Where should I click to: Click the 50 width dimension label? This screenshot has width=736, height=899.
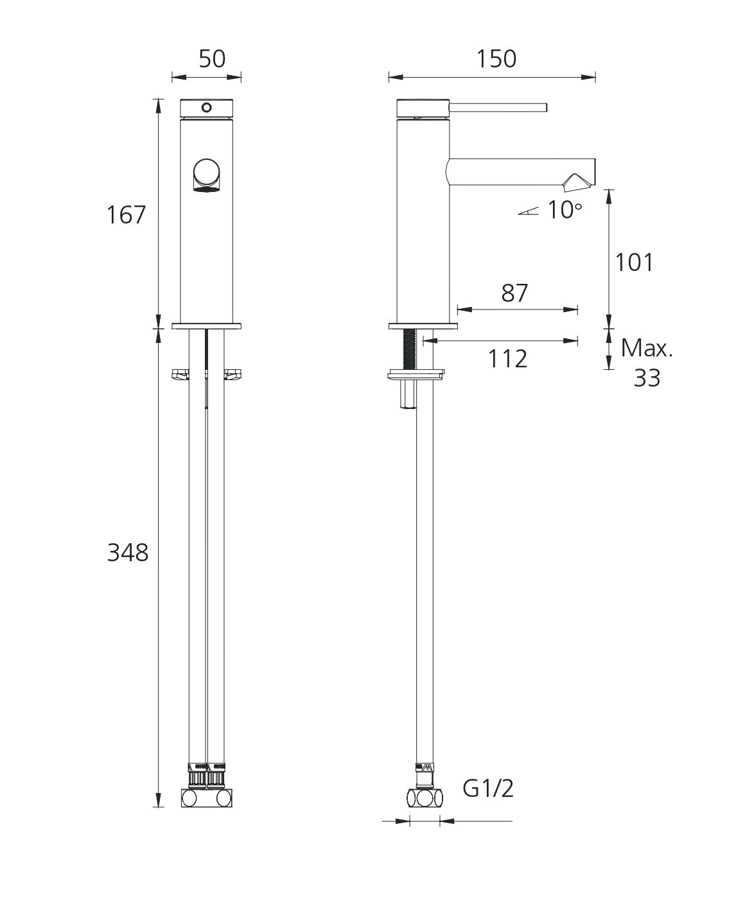point(212,59)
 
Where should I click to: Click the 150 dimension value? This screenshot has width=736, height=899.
point(496,59)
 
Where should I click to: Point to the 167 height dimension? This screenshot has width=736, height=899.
point(127,214)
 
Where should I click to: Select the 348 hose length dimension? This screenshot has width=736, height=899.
point(128,552)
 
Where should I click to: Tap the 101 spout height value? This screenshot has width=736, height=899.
point(634,262)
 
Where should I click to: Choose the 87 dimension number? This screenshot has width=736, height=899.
point(514,293)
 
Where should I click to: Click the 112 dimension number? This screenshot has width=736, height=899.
point(507,359)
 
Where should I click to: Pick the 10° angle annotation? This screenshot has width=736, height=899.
point(565,210)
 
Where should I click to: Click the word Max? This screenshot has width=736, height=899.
point(647,348)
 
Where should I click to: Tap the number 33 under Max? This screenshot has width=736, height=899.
point(647,378)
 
